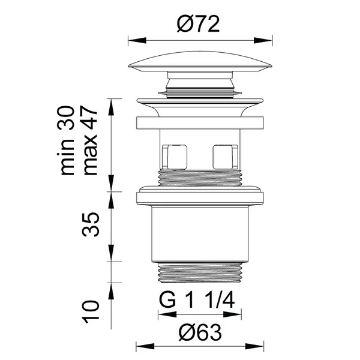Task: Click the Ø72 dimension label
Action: [x=199, y=25]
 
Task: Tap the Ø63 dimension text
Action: [x=200, y=332]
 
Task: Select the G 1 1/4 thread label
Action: [x=197, y=301]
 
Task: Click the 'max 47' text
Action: [x=90, y=141]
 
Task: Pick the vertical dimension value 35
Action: [x=91, y=224]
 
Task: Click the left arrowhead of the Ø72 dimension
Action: [x=137, y=40]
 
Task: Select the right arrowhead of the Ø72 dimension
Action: [x=263, y=40]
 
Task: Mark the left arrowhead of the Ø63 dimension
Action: [x=145, y=346]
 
